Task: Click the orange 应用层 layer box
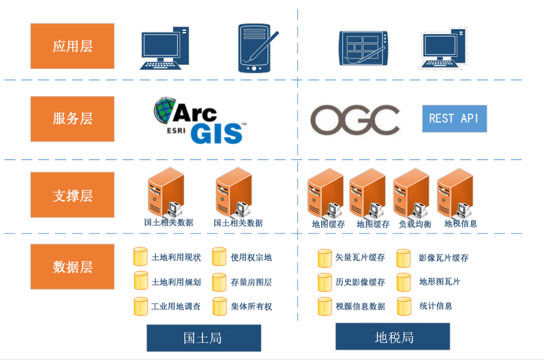pos(72,46)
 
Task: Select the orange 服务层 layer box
pos(72,119)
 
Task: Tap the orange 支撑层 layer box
pos(72,194)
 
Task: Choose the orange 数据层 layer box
pos(72,267)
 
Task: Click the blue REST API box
pos(454,119)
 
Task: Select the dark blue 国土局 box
pos(204,338)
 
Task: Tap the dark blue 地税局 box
pos(393,337)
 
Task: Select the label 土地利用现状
pos(176,257)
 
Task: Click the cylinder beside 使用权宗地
pos(219,257)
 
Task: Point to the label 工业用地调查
pos(176,306)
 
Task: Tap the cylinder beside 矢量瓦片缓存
pos(324,258)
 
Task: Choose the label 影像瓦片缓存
pos(444,258)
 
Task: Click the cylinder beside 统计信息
pos(404,306)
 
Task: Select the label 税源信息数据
pos(360,306)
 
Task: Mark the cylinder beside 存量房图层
pos(219,282)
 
